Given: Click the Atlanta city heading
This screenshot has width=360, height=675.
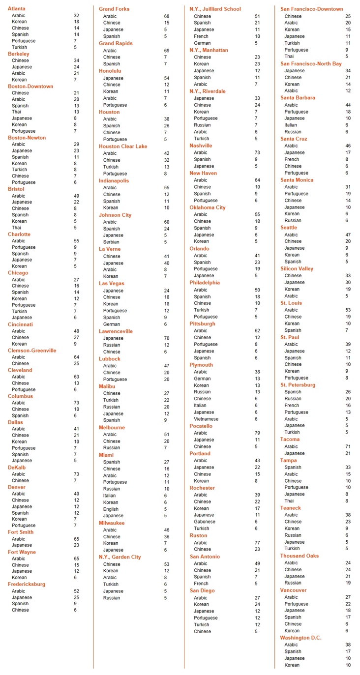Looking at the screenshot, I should coord(17,9).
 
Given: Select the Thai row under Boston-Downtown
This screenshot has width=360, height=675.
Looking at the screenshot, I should coord(16,112).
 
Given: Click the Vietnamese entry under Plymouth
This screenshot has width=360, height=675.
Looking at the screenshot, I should coord(206,419).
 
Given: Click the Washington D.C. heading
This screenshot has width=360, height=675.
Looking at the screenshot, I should coord(300,638).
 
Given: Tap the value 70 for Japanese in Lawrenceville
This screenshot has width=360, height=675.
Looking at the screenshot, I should coord(167,338).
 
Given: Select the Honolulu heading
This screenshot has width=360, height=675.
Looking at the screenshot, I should coord(110,71).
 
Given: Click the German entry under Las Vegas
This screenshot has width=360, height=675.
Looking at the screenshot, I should coord(111,324).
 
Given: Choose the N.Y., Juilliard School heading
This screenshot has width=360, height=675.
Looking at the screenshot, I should coord(215,9).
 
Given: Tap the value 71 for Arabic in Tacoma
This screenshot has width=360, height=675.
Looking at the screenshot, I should coord(347,446).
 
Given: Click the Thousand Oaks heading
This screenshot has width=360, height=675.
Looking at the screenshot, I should coord(300,556).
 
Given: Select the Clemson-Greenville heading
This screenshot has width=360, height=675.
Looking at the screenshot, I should coord(32,351).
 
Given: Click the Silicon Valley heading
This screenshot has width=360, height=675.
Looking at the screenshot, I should coord(297,268).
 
